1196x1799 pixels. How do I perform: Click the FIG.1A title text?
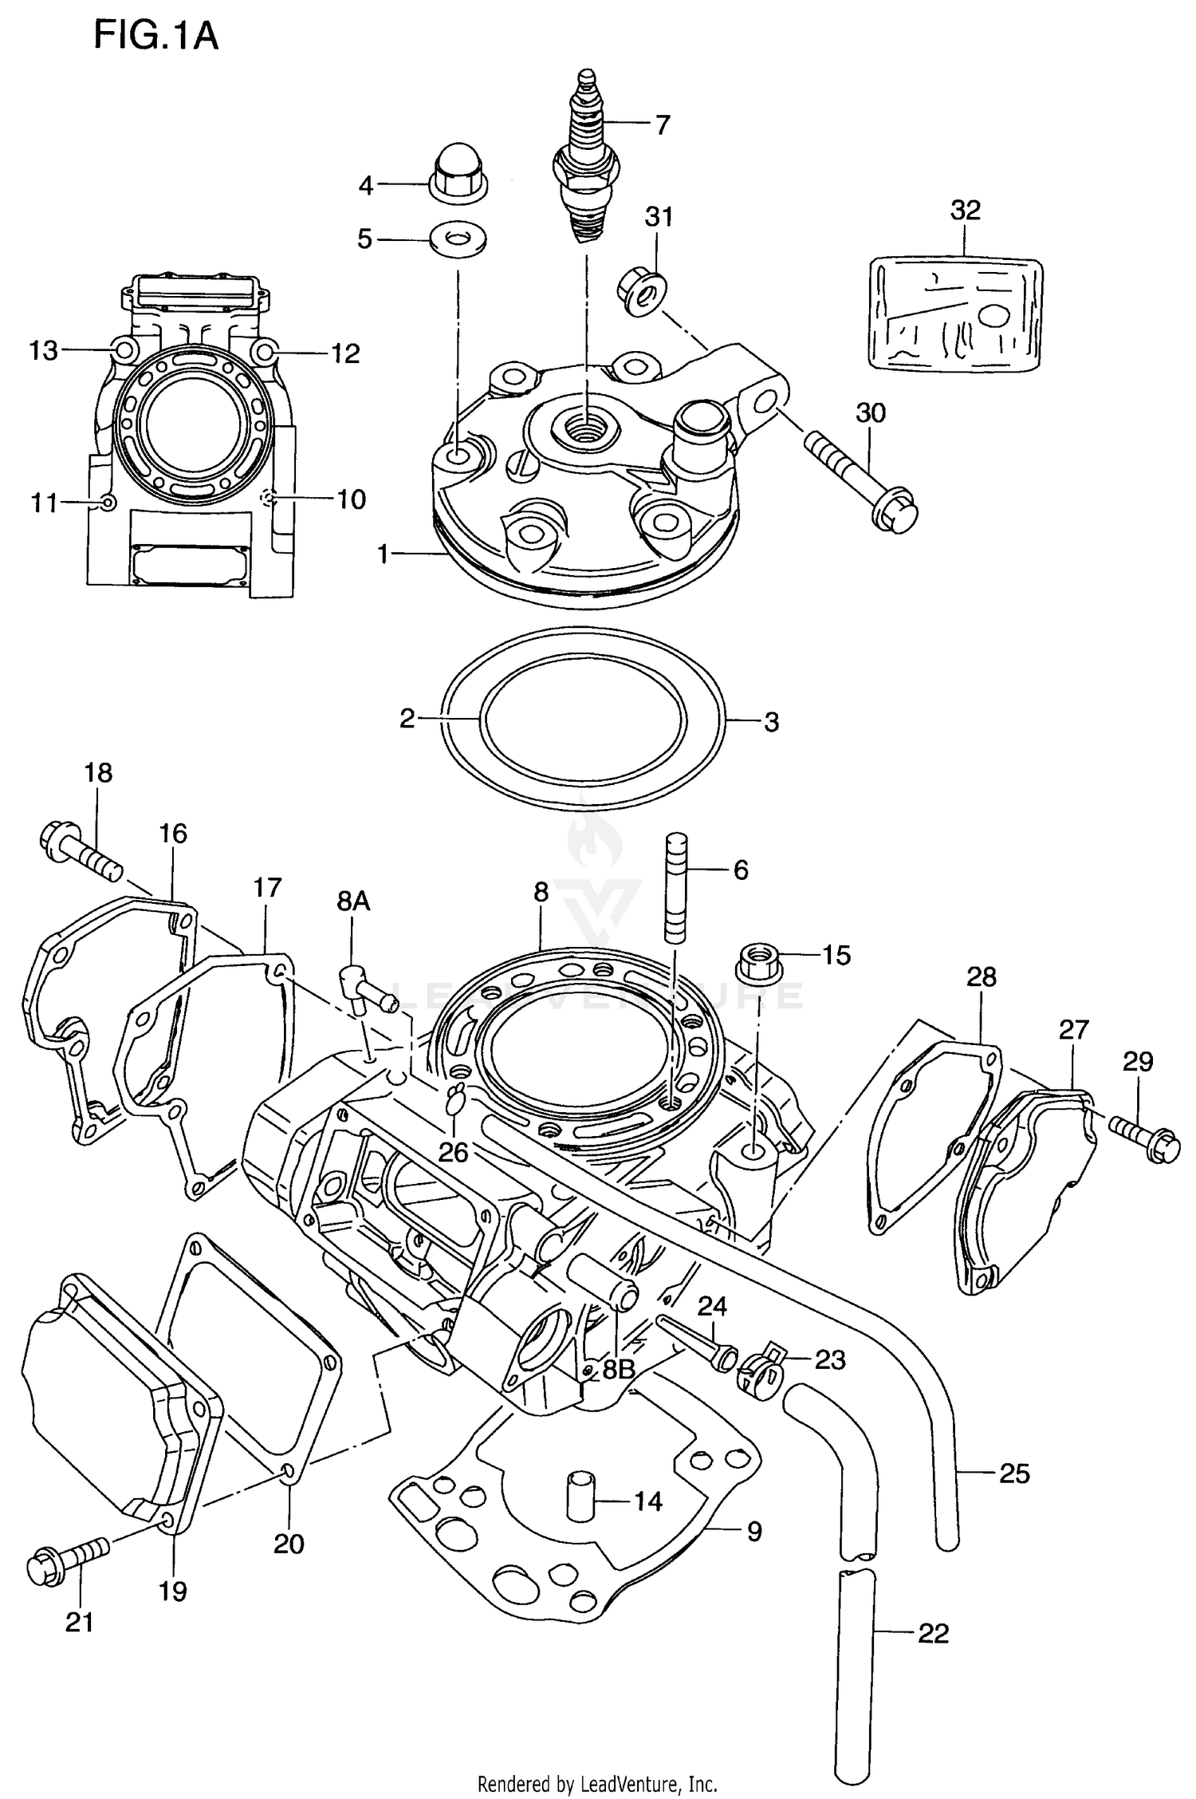155,37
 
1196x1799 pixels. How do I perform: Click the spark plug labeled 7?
587,160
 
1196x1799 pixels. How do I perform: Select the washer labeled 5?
458,238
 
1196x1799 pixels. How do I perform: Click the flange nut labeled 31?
643,292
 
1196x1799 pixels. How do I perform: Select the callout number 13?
44,350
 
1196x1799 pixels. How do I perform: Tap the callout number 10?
350,499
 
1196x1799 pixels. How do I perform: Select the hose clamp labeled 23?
761,1369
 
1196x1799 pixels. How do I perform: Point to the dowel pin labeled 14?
577,1501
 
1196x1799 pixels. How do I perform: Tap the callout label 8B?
618,1369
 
